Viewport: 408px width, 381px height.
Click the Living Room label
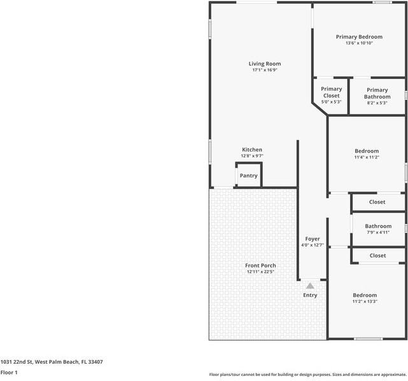pos(265,64)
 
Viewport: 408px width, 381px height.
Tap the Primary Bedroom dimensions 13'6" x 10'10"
pos(359,43)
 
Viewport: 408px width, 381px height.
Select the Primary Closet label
pos(331,92)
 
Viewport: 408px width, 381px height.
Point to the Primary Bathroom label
pos(377,94)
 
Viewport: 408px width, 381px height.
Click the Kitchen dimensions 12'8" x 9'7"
pos(252,156)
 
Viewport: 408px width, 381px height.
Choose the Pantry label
pos(248,176)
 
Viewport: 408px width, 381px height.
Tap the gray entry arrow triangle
pos(310,286)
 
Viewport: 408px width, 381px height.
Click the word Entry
pos(310,295)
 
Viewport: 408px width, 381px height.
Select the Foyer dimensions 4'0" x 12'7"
pos(313,245)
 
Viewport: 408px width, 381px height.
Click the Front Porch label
pos(260,265)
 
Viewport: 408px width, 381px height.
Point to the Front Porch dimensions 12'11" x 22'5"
pos(260,272)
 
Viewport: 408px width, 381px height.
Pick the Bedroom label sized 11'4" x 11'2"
pos(367,151)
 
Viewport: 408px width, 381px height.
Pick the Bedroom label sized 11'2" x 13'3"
pos(365,295)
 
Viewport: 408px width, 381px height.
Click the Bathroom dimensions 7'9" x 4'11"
pos(378,233)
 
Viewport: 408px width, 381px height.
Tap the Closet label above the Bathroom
pos(377,202)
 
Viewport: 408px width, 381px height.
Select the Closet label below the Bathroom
pos(377,256)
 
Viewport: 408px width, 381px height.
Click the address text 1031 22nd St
pos(17,362)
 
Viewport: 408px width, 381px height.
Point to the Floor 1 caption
pos(9,373)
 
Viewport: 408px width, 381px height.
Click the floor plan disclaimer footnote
pos(308,375)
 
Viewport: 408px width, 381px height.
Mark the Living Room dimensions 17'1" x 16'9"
pos(265,70)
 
